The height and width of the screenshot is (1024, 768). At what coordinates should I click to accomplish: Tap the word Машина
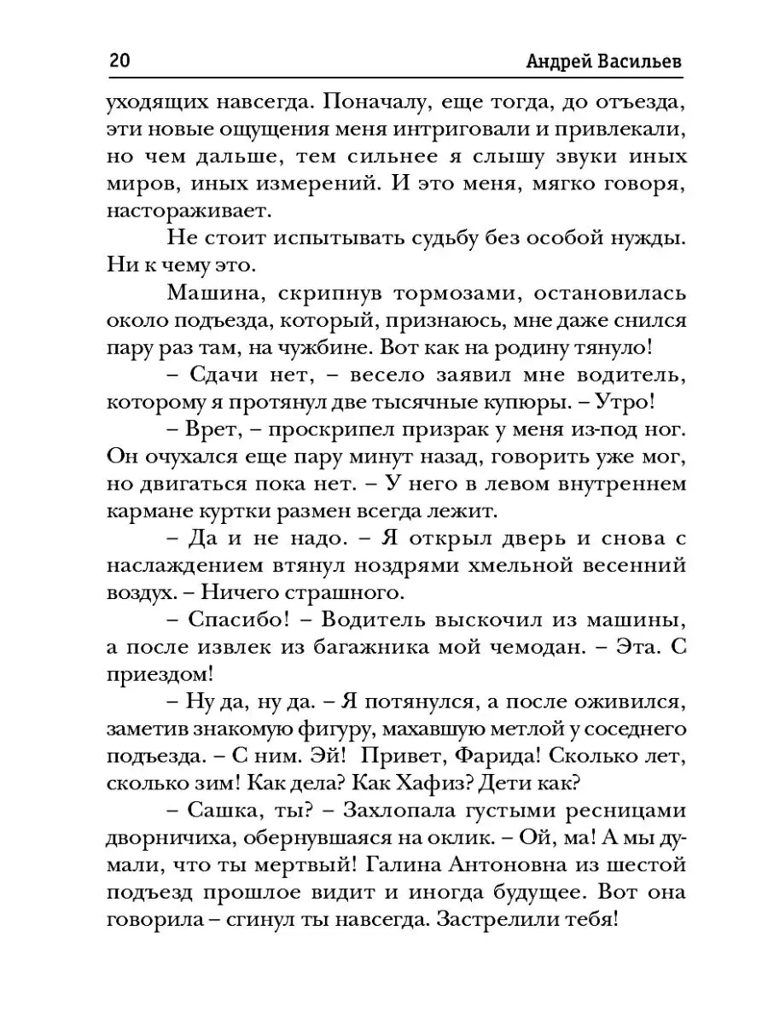pos(217,292)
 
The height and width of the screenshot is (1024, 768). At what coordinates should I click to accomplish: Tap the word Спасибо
pos(225,620)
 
